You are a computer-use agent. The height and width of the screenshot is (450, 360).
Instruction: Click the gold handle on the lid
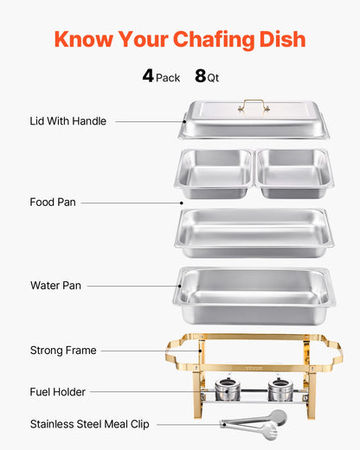click(x=254, y=106)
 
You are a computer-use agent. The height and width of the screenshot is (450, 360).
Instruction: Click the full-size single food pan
click(x=254, y=231)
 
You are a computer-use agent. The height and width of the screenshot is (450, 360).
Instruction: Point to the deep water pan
click(x=254, y=295)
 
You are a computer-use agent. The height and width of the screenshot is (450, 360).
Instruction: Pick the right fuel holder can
click(x=279, y=389)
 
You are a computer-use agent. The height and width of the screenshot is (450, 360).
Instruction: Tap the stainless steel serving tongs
click(x=253, y=421)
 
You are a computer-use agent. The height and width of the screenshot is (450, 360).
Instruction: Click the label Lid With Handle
click(x=67, y=121)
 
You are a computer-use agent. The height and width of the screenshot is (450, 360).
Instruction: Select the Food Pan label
click(x=53, y=202)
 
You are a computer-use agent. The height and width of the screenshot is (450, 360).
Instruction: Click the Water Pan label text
click(x=56, y=285)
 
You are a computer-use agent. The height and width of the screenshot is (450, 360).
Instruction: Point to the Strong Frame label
click(x=62, y=350)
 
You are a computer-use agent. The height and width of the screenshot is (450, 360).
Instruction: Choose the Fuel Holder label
click(x=57, y=392)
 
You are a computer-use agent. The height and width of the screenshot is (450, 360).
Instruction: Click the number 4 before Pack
click(x=148, y=76)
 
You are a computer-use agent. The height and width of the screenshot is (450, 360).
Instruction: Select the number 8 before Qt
click(x=200, y=76)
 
